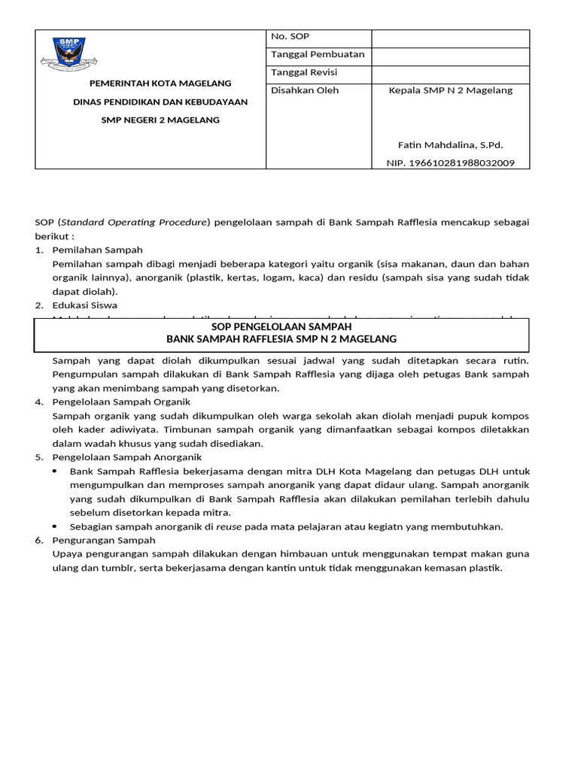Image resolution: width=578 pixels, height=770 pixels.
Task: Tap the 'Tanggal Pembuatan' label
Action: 317,54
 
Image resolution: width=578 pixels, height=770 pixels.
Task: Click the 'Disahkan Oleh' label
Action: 304,90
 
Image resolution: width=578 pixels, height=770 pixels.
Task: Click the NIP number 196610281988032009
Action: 450,162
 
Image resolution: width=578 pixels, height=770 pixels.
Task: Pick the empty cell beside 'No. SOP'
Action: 450,38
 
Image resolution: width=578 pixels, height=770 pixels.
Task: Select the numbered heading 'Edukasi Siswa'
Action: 84,305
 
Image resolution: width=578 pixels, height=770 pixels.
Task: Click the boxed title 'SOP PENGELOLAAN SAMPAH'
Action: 281,327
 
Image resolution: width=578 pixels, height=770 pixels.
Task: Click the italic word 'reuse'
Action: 228,526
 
